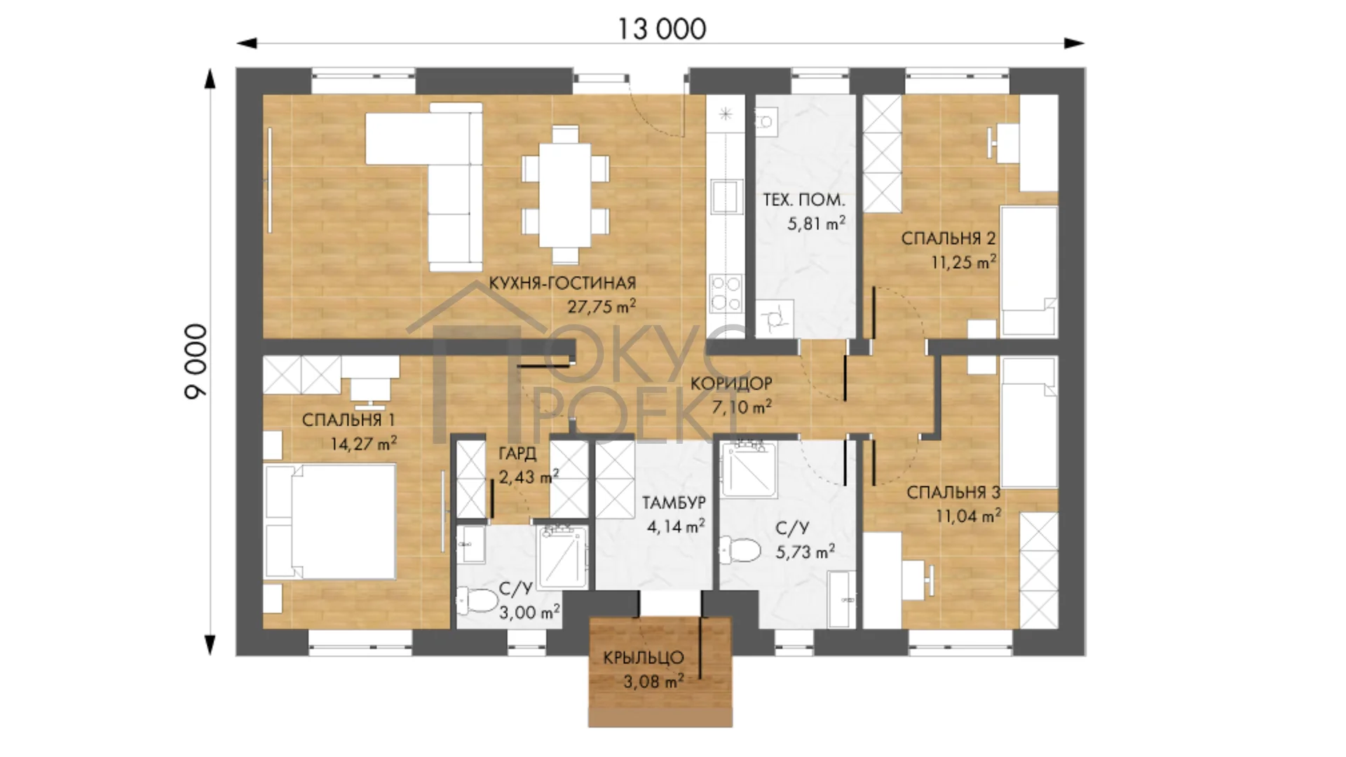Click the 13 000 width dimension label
point(662,29)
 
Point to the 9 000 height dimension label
point(196,362)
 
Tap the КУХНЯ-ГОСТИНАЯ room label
point(562,283)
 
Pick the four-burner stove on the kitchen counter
point(726,293)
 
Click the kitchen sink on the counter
point(726,196)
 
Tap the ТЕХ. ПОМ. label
point(803,200)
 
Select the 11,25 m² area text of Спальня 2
point(963,263)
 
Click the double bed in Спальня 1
point(329,521)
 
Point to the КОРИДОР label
point(731,383)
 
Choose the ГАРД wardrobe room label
point(517,453)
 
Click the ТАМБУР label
point(674,503)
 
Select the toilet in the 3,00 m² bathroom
point(477,601)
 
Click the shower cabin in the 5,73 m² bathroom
point(749,468)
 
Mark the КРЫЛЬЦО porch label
point(644,657)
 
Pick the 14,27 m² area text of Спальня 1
point(363,444)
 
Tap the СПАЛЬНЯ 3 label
point(953,493)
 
